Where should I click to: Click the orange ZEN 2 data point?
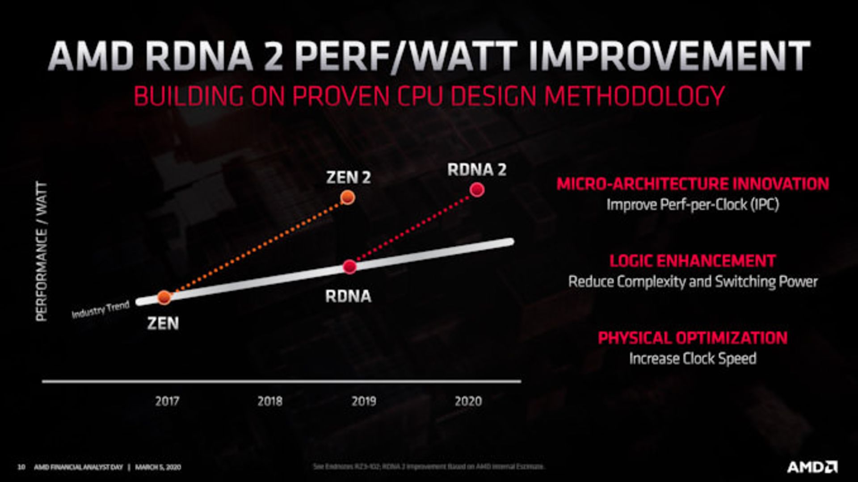(x=347, y=197)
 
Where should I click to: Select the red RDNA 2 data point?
(x=477, y=190)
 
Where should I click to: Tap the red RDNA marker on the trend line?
(x=349, y=267)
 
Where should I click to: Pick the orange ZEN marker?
(x=164, y=297)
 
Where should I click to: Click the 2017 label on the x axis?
(x=167, y=401)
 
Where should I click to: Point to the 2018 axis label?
(x=269, y=401)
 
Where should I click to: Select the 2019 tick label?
(x=364, y=401)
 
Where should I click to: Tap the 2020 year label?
(x=468, y=401)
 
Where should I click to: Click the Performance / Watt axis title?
(x=42, y=251)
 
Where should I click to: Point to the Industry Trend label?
(x=101, y=309)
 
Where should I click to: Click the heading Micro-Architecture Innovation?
(x=692, y=184)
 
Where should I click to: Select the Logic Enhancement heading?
(x=692, y=260)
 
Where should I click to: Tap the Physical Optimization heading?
(x=692, y=338)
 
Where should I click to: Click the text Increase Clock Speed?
(x=692, y=358)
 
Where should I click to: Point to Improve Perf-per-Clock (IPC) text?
(x=692, y=205)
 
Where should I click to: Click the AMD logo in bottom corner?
(x=812, y=467)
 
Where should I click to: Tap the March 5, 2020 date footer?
(x=158, y=467)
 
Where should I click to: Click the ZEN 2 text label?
(x=348, y=177)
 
